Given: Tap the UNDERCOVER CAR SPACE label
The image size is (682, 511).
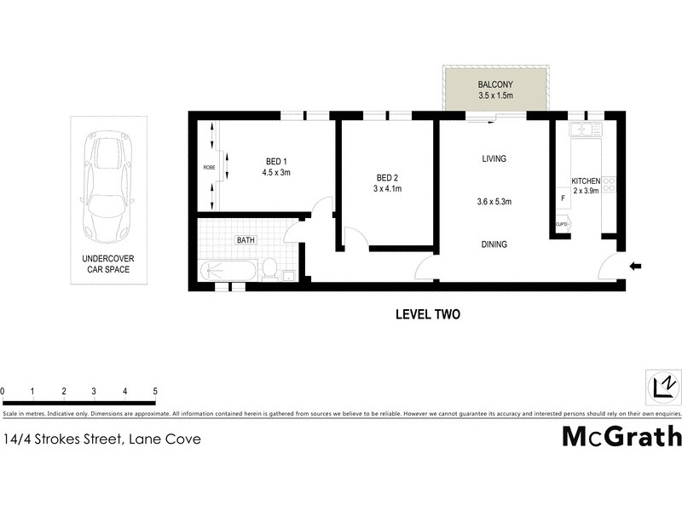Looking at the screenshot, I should pos(107,263).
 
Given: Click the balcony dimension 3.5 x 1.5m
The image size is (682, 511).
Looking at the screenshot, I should pos(494,95).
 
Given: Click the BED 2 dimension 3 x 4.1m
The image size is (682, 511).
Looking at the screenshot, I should pos(388,189).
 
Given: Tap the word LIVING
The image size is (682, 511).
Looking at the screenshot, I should pos(494,158).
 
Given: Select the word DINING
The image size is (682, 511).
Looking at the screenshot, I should pos(494,244).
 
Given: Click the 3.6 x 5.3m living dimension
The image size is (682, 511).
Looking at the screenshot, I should pos(494,202).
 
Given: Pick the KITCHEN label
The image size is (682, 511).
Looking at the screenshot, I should pos(587,181).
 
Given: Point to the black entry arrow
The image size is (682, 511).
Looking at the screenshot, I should pos(635,267).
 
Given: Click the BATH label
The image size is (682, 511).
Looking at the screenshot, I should pos(246,240).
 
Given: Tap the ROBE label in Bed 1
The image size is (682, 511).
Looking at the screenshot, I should pos(208,167).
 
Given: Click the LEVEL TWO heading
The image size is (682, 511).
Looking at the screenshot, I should pos(427,314).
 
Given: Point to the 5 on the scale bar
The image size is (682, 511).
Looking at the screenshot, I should pos(155,391).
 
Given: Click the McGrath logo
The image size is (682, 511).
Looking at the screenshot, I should pos(621,436).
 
